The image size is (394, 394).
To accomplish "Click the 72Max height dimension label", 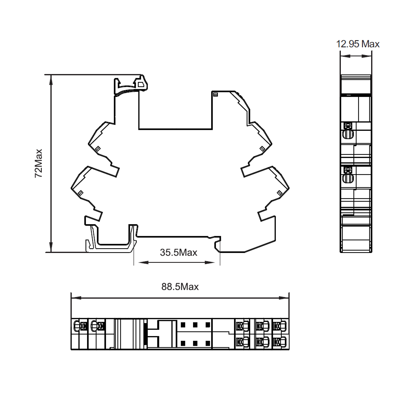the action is [39, 164].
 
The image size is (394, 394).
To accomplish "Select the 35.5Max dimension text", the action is [178, 252].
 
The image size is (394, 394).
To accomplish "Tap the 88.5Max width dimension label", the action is [180, 286].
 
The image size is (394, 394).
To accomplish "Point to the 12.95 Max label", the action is [358, 44].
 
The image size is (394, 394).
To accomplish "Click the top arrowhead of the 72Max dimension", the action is [51, 80].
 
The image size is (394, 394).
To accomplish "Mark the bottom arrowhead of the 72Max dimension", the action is [51, 247].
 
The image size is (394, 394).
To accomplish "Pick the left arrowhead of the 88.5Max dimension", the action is [76, 298].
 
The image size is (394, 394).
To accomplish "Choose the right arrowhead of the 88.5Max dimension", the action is [284, 298].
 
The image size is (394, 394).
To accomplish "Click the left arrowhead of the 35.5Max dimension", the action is [143, 262].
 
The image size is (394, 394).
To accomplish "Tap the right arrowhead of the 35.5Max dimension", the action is [210, 262].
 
